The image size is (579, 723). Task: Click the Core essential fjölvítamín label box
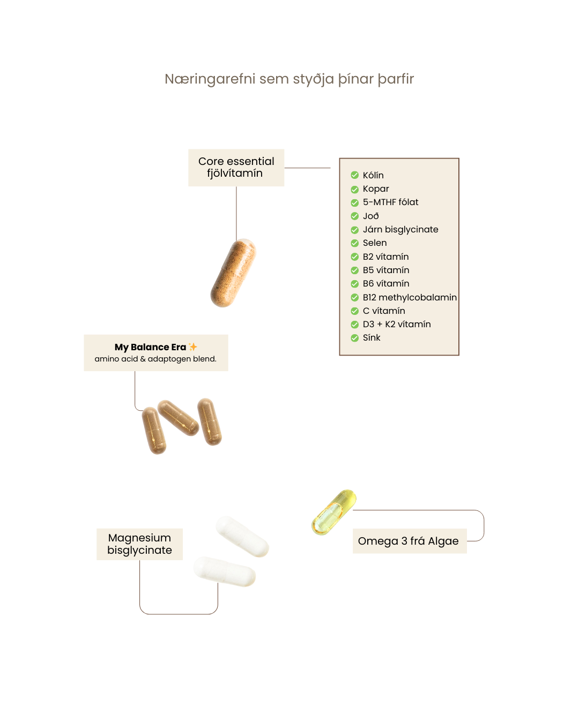click(236, 168)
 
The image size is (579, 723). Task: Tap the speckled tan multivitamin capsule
click(233, 273)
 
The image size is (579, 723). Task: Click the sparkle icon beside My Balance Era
click(193, 347)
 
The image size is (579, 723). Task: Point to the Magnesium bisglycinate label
click(139, 544)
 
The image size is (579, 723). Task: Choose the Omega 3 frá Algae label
click(409, 541)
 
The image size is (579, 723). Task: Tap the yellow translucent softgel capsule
click(333, 512)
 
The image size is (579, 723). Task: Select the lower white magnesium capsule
click(225, 571)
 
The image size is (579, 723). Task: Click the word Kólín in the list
click(373, 175)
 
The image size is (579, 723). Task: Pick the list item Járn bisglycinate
click(400, 229)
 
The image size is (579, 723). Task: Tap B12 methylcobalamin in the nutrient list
click(410, 297)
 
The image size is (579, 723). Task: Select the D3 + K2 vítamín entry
click(397, 324)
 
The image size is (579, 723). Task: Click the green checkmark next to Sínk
click(354, 338)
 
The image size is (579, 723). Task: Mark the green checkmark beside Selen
click(354, 243)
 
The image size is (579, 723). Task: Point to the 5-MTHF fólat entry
click(390, 202)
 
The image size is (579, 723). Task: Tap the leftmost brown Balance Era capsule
click(154, 430)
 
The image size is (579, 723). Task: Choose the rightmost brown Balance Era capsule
click(210, 421)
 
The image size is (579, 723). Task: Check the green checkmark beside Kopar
click(354, 189)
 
